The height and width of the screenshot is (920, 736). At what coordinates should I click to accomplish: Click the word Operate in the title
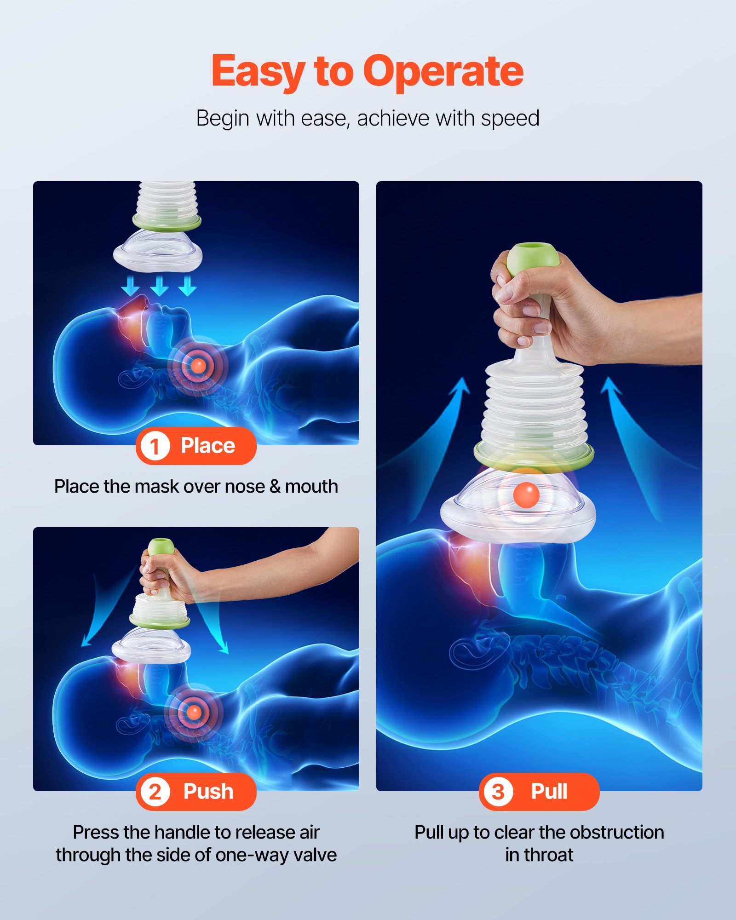[x=443, y=71]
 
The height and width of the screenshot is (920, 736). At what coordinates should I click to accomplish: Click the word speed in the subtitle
[x=510, y=118]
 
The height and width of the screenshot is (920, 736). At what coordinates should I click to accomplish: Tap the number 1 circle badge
[x=155, y=446]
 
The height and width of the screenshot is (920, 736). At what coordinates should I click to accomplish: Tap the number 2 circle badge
[x=155, y=792]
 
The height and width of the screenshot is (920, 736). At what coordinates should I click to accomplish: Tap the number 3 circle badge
[x=498, y=792]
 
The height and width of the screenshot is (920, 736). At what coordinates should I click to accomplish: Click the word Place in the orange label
[x=207, y=446]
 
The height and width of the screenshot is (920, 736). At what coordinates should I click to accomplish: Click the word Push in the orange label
[x=208, y=792]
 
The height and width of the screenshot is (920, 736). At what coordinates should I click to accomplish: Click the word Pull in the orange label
[x=549, y=792]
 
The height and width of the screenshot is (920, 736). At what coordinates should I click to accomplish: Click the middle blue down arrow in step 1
[x=159, y=286]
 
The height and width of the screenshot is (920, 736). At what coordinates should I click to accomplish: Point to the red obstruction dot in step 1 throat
[x=198, y=366]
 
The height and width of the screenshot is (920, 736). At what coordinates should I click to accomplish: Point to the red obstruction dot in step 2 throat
[x=194, y=712]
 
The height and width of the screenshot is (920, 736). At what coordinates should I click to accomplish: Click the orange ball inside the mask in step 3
[x=526, y=495]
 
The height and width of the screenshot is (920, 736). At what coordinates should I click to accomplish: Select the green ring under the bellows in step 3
[x=534, y=455]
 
